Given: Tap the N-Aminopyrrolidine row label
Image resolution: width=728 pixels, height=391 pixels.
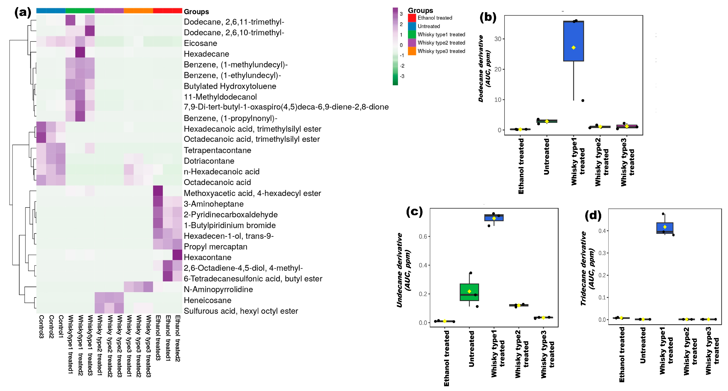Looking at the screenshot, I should tap(218, 289).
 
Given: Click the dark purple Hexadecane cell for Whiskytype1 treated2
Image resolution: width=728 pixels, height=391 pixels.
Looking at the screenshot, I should tap(80, 52).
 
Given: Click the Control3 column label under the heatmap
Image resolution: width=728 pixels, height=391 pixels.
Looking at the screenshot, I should tap(41, 327).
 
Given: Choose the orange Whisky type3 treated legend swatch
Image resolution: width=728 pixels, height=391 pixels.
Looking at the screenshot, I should tap(412, 51).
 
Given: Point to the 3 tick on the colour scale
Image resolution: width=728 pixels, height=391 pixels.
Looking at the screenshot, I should tap(401, 14).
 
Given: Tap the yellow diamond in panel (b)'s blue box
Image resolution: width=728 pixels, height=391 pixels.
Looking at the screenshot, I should tap(573, 48).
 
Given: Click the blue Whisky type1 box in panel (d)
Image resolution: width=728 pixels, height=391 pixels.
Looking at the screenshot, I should tap(665, 228).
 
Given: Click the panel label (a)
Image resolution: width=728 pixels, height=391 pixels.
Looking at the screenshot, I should tap(23, 13).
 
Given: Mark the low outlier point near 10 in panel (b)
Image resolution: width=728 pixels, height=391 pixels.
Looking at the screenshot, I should tap(583, 101).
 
